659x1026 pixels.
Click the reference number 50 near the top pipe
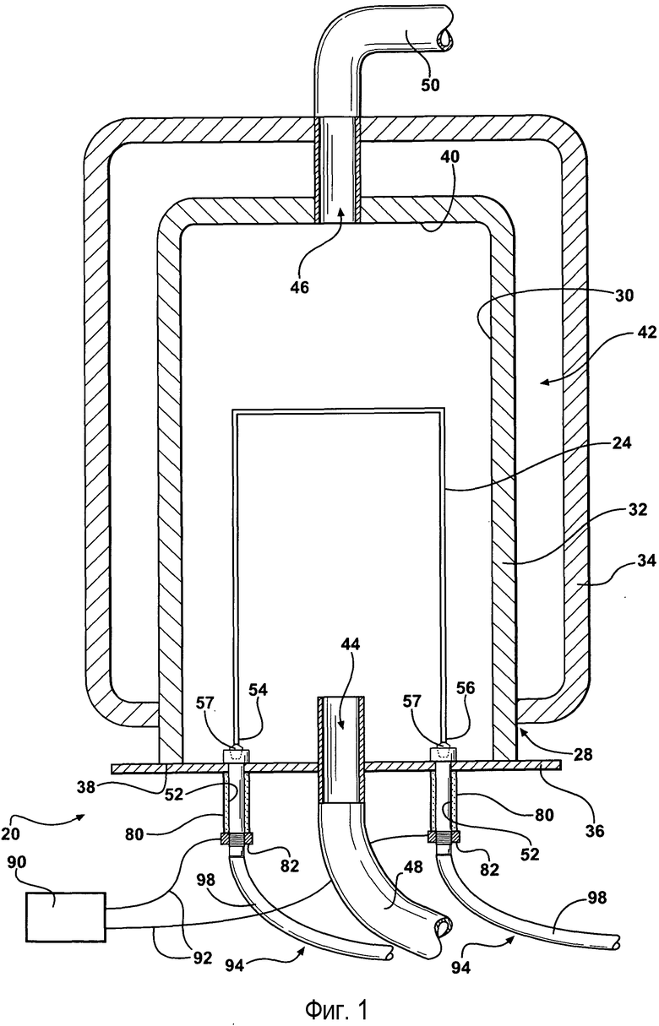429,84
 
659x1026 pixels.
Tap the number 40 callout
449,157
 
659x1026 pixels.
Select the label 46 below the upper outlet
299,287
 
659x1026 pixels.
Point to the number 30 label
624,296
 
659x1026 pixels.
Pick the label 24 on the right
621,443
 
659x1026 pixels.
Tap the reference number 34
646,560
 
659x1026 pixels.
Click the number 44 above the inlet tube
350,644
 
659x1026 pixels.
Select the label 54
258,689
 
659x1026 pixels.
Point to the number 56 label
466,687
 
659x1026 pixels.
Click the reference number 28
582,753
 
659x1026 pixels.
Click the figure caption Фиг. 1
336,1007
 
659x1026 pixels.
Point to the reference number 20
9,833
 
